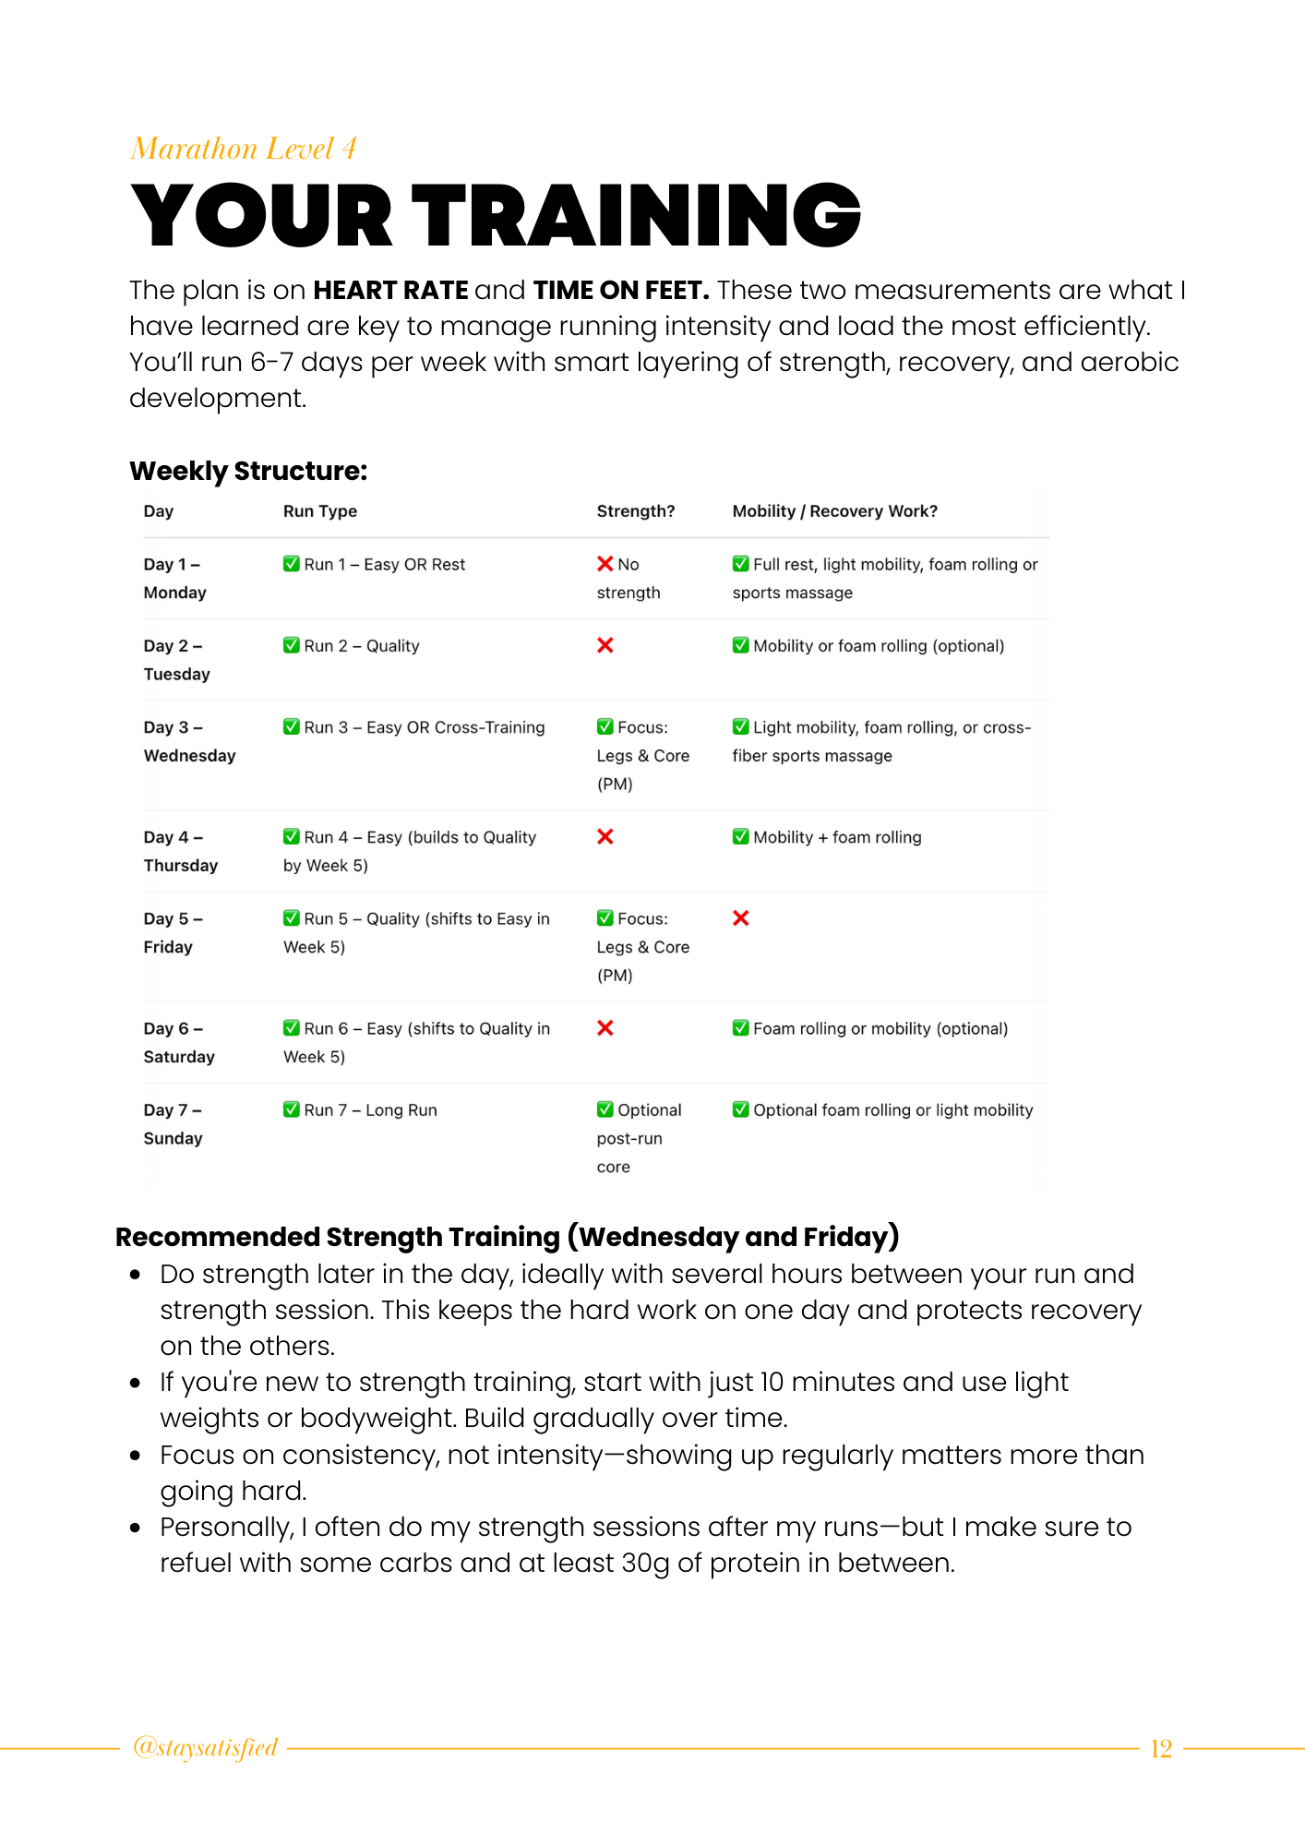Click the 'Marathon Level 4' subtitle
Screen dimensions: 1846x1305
(x=244, y=149)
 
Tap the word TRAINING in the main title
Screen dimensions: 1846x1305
(x=636, y=216)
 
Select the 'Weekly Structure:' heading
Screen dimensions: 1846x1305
(x=248, y=471)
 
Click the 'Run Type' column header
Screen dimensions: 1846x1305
(x=319, y=511)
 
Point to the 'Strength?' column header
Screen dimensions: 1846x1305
(x=635, y=511)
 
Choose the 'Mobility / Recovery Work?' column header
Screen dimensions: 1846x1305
(x=834, y=511)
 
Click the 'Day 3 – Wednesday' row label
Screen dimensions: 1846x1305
(x=189, y=741)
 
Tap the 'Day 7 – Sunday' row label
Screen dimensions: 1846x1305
(x=173, y=1124)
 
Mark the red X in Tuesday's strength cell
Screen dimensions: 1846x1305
(x=605, y=645)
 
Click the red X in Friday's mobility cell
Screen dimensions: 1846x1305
(x=741, y=918)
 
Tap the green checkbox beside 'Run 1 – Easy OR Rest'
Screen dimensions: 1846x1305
(x=292, y=564)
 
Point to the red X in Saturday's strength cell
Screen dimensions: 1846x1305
(x=605, y=1028)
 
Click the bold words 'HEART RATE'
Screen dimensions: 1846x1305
(x=390, y=291)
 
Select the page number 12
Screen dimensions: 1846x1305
(x=1161, y=1748)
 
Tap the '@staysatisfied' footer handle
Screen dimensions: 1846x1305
(x=205, y=1748)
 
